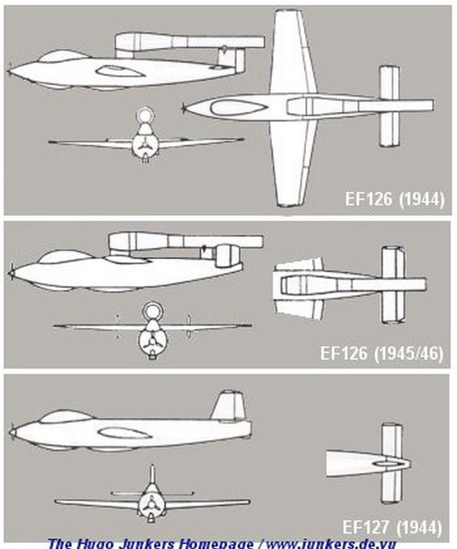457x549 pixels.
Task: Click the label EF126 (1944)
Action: click(395, 199)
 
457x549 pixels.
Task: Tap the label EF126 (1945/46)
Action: click(382, 353)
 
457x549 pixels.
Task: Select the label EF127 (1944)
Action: click(392, 527)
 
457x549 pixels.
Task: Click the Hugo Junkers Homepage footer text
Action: click(222, 544)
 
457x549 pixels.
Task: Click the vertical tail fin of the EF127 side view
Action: click(229, 405)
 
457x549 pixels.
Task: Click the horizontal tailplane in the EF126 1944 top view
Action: click(389, 106)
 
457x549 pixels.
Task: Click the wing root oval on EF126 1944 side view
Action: click(121, 72)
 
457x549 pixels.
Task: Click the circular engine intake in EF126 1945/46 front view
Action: click(151, 311)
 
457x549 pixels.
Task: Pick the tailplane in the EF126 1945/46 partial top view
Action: click(394, 285)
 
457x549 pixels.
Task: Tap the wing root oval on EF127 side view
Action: click(124, 434)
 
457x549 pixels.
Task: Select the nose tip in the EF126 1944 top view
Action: click(184, 108)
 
